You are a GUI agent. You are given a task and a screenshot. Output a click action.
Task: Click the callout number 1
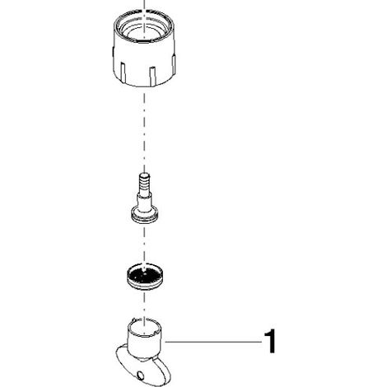pos(270,342)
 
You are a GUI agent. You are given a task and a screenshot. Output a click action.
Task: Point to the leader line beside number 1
pos(213,342)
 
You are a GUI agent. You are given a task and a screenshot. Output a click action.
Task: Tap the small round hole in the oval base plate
pos(141,374)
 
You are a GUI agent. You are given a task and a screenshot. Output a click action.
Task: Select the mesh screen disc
pos(144,276)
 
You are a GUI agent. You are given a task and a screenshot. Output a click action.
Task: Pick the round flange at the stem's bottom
pos(145,215)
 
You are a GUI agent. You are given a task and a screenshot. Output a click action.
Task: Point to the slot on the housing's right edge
pos(174,64)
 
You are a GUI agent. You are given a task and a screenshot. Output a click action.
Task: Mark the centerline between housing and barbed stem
pos(144,129)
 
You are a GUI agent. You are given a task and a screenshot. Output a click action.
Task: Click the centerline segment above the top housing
pos(144,5)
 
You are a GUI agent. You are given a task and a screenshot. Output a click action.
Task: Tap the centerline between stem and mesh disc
pos(144,244)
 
